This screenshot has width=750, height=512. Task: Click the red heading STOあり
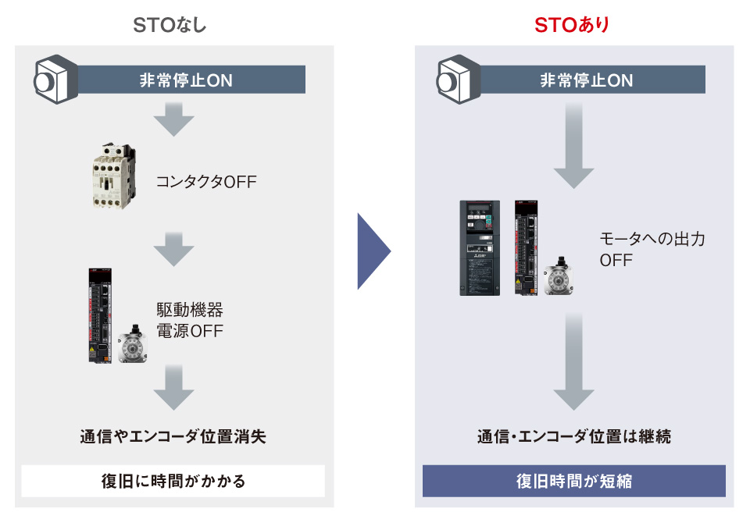pyautogui.click(x=571, y=25)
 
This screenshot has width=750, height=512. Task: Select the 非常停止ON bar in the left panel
pyautogui.click(x=185, y=80)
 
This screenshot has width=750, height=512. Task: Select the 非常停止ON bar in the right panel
pyautogui.click(x=586, y=80)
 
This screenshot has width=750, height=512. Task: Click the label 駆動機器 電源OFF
pyautogui.click(x=191, y=320)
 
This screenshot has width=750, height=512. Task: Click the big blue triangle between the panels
pyautogui.click(x=373, y=251)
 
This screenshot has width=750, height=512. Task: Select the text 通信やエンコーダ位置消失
pyautogui.click(x=173, y=436)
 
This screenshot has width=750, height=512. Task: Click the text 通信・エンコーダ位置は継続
pyautogui.click(x=574, y=436)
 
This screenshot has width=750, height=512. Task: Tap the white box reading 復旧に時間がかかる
pyautogui.click(x=173, y=481)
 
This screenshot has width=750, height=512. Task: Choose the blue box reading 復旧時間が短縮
pyautogui.click(x=574, y=481)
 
